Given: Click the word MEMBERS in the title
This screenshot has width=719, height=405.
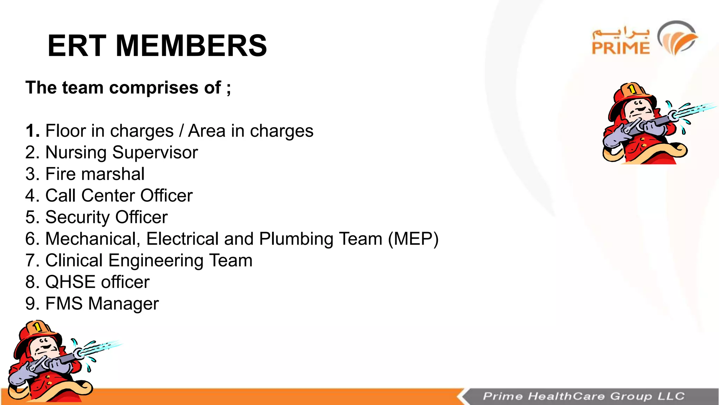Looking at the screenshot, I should (x=191, y=46).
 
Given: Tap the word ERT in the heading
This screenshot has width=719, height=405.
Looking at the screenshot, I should (x=77, y=46).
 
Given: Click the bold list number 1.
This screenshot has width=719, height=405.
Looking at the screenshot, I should (x=32, y=131).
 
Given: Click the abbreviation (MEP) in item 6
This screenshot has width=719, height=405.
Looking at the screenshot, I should (x=413, y=239).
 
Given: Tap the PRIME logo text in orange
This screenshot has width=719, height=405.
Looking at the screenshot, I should (x=621, y=48).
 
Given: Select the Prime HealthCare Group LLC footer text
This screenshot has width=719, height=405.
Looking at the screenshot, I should (x=583, y=396).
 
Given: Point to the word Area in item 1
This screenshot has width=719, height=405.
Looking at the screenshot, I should (x=207, y=131).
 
